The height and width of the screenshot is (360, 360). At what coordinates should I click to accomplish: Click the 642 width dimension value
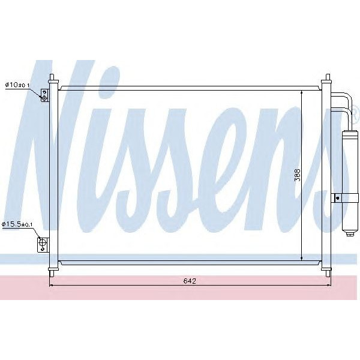point(190,280)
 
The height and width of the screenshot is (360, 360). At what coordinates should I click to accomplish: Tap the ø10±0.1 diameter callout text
point(17,85)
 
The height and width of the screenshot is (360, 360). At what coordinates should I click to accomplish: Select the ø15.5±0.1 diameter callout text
point(18,224)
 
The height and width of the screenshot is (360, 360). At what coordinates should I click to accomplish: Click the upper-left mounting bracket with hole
point(44,95)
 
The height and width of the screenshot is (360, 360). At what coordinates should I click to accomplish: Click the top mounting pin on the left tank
point(52,79)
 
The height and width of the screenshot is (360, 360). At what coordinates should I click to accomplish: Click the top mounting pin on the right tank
point(327,79)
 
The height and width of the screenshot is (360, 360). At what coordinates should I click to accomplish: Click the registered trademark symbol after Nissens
point(355,112)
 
